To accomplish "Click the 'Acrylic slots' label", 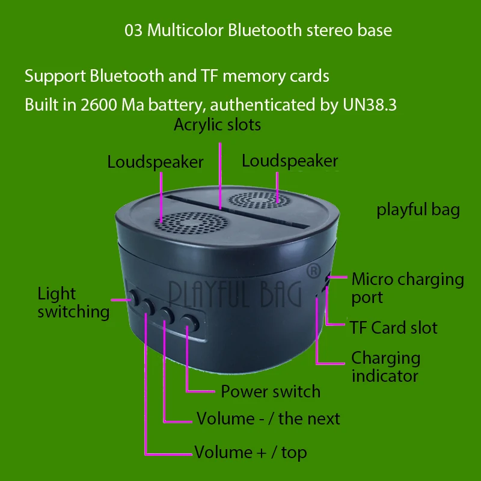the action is click(217, 125).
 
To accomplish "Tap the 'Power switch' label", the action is click(271, 391).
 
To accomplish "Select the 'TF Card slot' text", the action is click(394, 328).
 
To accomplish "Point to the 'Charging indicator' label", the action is click(385, 367).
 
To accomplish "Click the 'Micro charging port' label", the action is click(408, 288).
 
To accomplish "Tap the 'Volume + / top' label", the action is click(250, 452).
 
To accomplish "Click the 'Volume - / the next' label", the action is click(268, 418).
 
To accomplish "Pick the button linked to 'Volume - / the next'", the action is click(167, 313).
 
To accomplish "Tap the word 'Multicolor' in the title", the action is click(184, 30).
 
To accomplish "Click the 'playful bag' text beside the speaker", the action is click(418, 210).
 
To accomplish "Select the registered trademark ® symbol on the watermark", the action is click(313, 272).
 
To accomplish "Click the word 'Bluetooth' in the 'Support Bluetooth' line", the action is click(127, 76).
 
